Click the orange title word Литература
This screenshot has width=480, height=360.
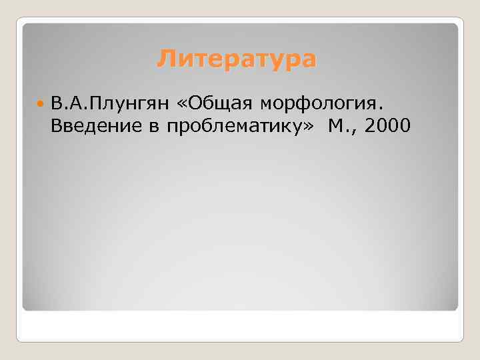[x=237, y=60]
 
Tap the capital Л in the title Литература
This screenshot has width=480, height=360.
[x=164, y=60]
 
